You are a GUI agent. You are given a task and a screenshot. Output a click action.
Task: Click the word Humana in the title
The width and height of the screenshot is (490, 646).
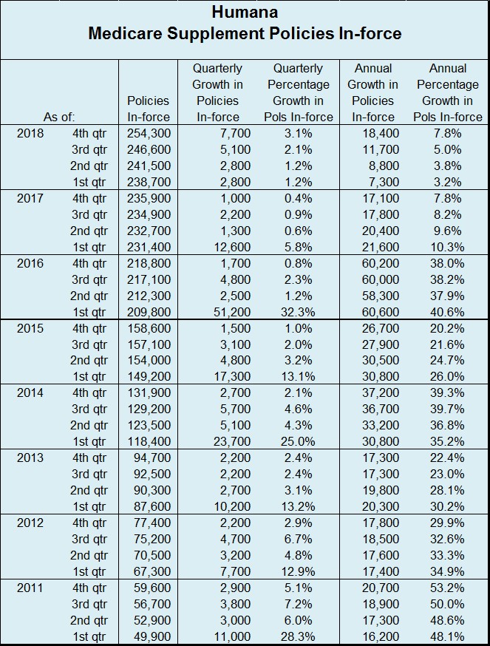coord(245,13)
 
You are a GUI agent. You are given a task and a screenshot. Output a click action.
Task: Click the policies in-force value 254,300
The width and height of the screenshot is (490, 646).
coord(149,133)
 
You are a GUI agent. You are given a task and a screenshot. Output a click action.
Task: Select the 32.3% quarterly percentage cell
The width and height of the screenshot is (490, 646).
coord(298,312)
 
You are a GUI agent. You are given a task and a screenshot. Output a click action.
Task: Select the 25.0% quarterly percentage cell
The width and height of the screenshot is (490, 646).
coord(298,441)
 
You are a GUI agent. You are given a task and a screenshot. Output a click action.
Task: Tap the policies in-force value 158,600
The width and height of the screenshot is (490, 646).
coord(149,328)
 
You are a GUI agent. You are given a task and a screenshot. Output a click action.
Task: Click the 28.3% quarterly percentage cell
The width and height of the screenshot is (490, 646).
coord(298,636)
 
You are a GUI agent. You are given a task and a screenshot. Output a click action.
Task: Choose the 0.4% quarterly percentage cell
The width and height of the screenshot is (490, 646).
coord(298,198)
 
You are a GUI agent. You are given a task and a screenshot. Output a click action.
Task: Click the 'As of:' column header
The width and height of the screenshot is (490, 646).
coord(59,117)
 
